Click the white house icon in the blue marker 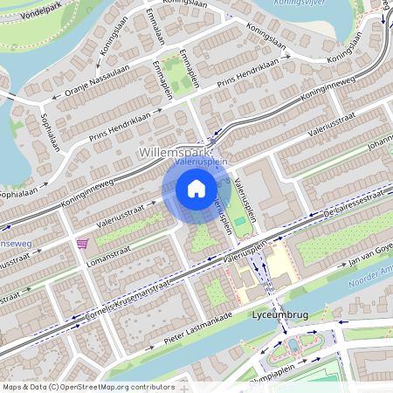[x=196, y=188]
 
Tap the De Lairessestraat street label [x=354, y=210]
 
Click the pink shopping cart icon [x=83, y=243]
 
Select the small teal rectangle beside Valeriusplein [x=239, y=223]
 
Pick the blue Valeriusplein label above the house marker [x=201, y=162]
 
